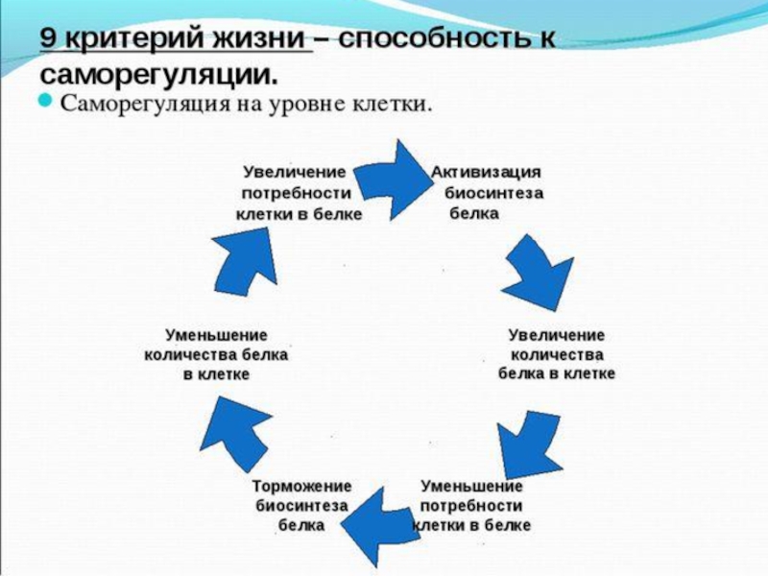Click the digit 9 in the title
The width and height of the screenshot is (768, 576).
click(x=49, y=40)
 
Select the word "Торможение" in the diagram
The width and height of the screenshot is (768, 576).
click(x=301, y=485)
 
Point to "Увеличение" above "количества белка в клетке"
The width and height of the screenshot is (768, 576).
click(x=557, y=335)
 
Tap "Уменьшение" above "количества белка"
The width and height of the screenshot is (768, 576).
click(x=216, y=335)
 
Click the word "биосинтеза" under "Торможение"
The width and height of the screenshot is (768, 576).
click(x=301, y=505)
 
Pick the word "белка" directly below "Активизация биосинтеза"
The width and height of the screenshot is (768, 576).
click(x=474, y=213)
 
